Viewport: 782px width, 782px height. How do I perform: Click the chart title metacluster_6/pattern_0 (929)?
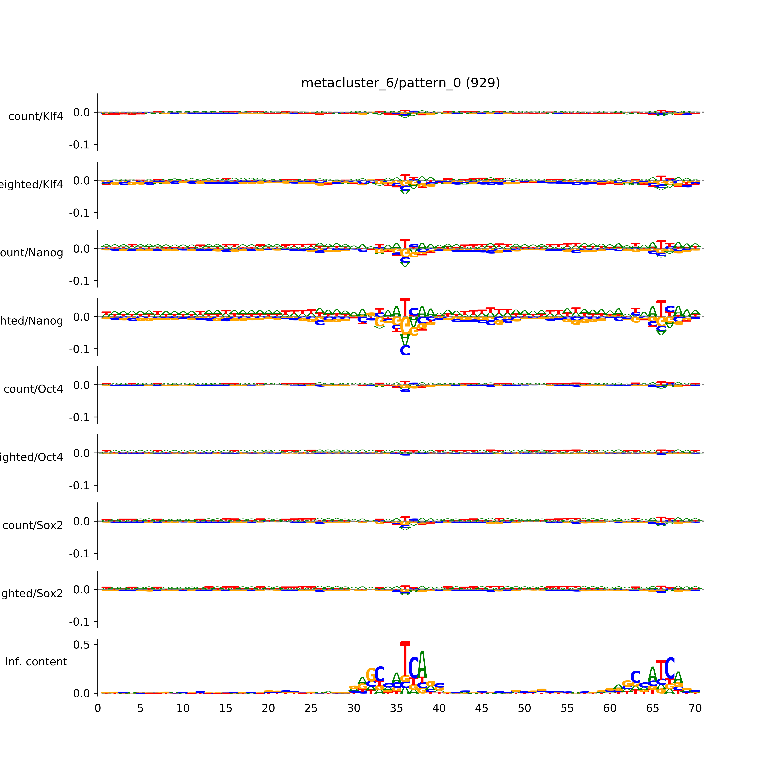point(400,83)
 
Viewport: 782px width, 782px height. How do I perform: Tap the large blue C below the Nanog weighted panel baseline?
point(405,350)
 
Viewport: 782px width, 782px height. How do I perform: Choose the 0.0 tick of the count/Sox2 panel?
point(81,521)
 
